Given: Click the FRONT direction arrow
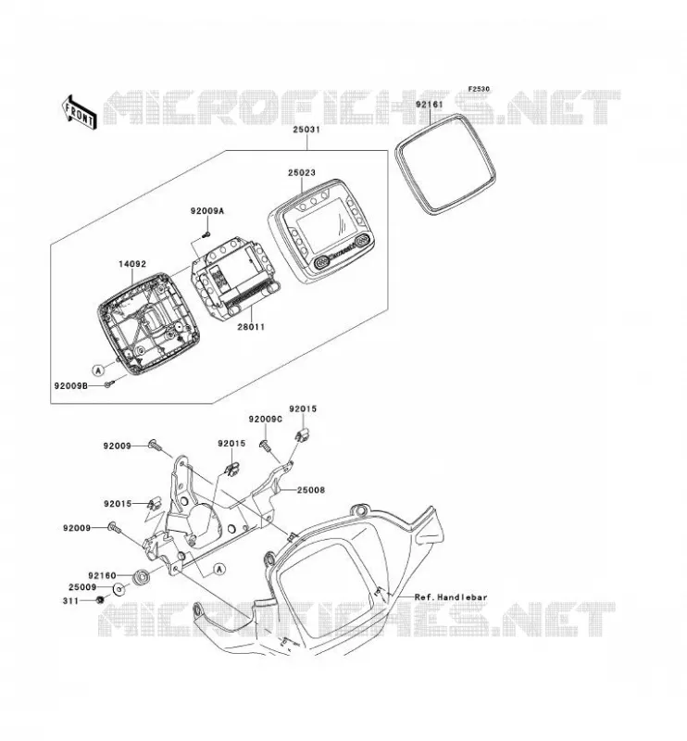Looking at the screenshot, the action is point(79,112).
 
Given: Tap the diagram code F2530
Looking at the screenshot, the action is point(479,89).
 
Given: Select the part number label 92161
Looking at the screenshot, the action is point(429,104).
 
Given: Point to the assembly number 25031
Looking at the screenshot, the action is point(306,130).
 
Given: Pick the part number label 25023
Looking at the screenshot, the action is point(302,173).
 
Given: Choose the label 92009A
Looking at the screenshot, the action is point(207,211).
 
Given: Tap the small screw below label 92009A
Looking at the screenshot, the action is point(206,234).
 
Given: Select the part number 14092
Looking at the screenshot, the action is point(132,264).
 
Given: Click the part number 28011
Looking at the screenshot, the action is point(251,327).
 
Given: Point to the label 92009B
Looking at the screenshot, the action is point(71,385).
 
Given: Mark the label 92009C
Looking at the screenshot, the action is point(266,419).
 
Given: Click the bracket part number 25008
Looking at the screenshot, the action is point(311,490).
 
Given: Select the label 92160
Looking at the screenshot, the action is point(102,575).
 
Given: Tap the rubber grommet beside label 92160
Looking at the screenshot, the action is point(141,577).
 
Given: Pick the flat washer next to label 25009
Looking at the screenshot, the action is point(119,589).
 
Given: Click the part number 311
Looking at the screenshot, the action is point(70,601).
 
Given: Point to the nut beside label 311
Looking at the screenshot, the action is point(100,600).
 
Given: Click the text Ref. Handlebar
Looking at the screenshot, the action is point(450,597).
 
